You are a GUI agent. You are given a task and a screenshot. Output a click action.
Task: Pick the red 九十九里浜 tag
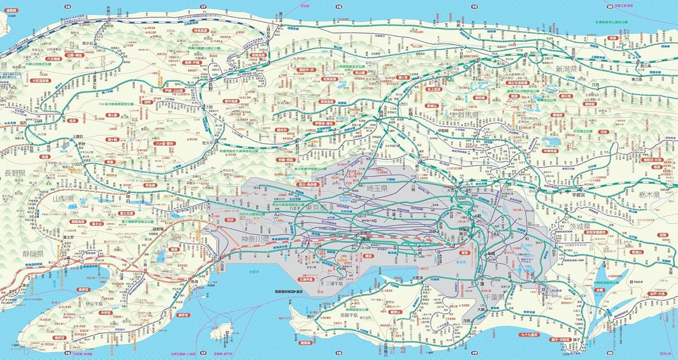click(x=529, y=335)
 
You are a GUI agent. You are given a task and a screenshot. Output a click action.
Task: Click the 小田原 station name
click(x=221, y=267)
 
